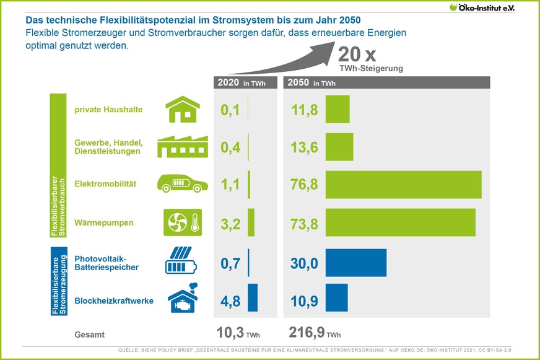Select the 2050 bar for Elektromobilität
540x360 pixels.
(x=403, y=185)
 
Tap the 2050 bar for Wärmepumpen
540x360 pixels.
(x=400, y=222)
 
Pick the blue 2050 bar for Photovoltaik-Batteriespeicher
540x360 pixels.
(x=355, y=263)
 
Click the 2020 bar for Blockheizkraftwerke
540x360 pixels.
(x=253, y=297)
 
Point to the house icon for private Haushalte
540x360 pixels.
(x=183, y=110)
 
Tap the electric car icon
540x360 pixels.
(x=183, y=184)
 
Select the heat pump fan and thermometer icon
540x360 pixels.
(x=183, y=222)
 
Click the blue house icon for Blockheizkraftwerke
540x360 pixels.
(x=183, y=300)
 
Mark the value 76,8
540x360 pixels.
(x=304, y=185)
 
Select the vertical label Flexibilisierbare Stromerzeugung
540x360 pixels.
(x=58, y=281)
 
